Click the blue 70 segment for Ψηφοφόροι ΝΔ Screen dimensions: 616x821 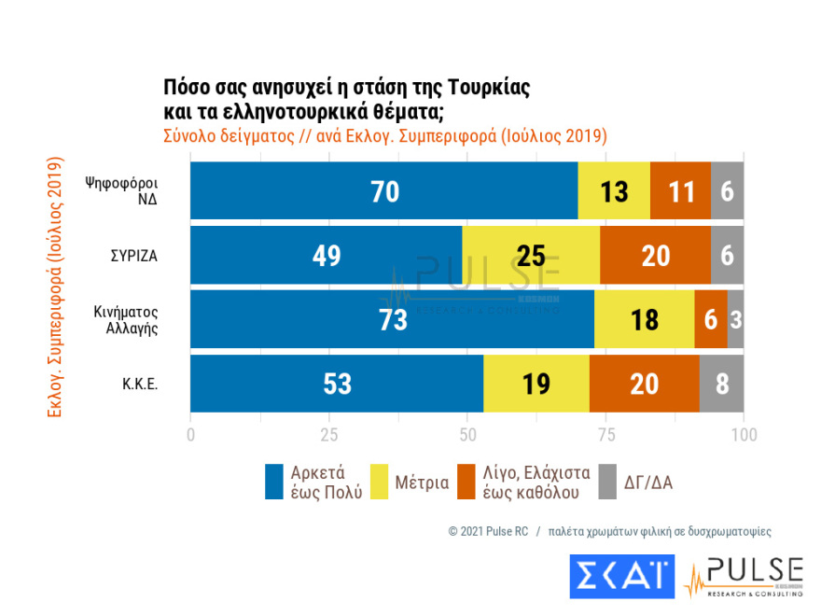(383, 191)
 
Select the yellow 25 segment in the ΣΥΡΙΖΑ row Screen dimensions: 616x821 (531, 256)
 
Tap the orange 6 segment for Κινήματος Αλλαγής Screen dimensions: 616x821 (710, 320)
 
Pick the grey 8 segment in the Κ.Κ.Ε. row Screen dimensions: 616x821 (721, 384)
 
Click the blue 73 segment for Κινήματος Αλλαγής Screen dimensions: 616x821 (392, 320)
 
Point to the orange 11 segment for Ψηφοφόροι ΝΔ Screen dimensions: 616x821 (680, 191)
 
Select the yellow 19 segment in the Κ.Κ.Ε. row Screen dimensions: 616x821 (536, 384)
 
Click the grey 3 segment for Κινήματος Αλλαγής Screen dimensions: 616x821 (735, 320)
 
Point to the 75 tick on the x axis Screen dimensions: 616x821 (605, 435)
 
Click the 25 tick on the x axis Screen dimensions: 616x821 (328, 435)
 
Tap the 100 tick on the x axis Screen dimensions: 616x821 (744, 435)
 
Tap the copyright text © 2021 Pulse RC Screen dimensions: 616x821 (488, 531)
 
